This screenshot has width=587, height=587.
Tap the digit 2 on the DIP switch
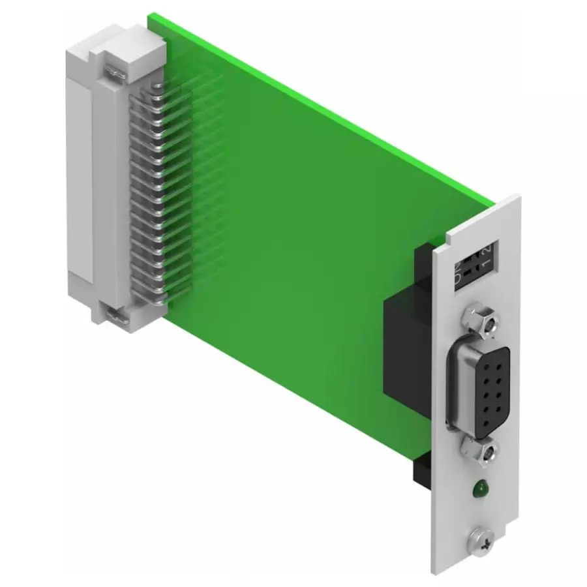(486, 251)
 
